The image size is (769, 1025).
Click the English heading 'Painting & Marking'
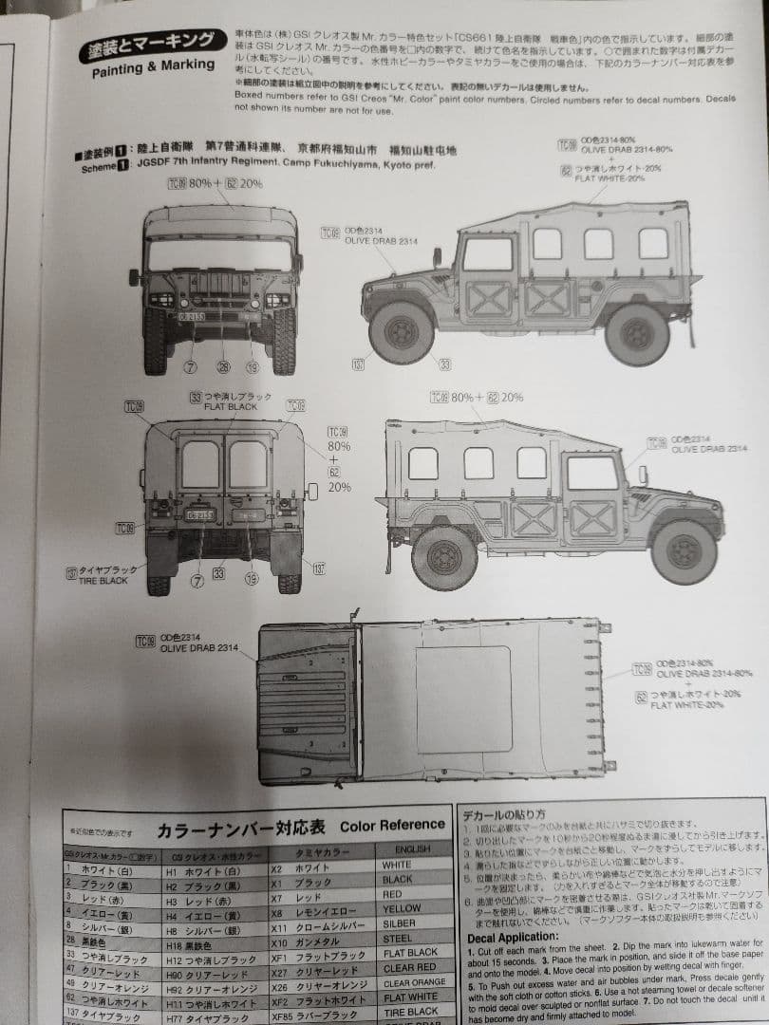153,65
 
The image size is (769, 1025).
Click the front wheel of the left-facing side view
402,332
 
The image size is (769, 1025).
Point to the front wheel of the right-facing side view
684,551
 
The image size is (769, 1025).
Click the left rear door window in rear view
200,465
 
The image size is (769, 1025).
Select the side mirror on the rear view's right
312,491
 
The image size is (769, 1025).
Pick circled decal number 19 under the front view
252,367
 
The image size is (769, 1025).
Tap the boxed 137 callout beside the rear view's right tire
319,568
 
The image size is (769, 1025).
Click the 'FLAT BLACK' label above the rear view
231,405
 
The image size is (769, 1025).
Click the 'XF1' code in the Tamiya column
279,953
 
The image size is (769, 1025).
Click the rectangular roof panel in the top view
463,699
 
